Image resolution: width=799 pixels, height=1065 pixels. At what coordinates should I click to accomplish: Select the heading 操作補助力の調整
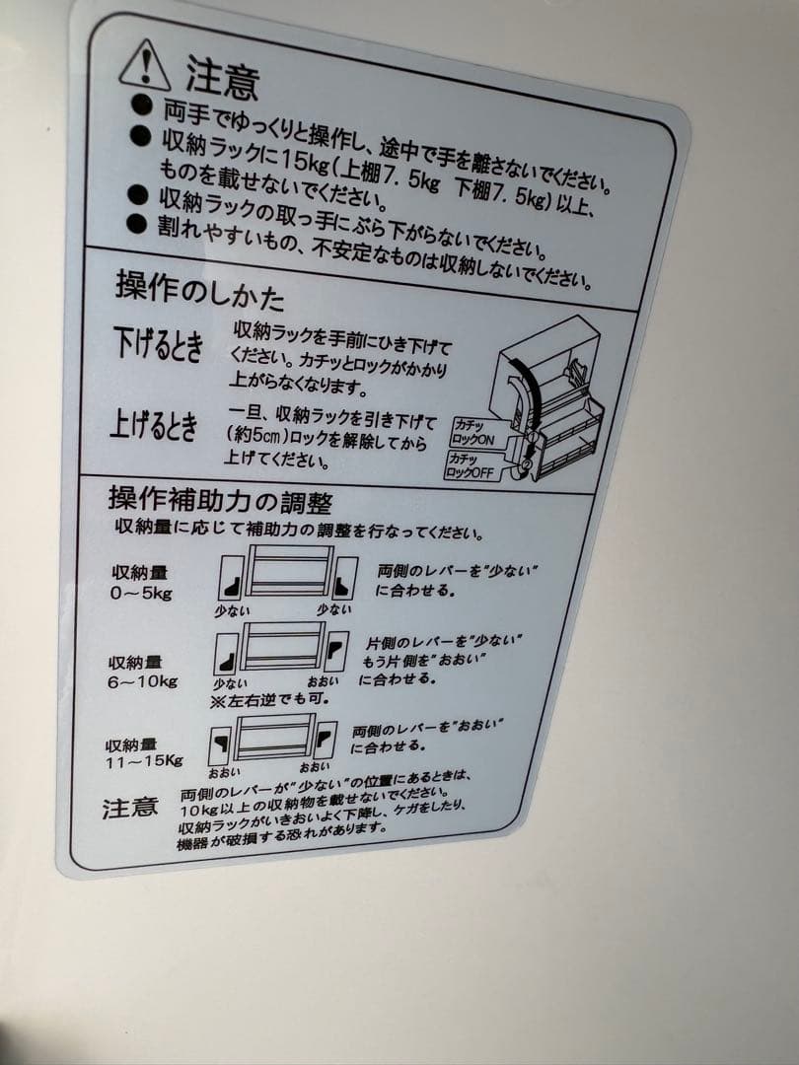219,501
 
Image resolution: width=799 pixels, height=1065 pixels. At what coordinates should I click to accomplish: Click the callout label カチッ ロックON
472,432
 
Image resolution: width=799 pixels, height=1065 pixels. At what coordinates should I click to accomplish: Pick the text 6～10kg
142,681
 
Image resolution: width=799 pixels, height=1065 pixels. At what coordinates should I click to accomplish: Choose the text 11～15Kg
144,760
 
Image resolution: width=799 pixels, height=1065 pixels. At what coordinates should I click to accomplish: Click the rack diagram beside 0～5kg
287,576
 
